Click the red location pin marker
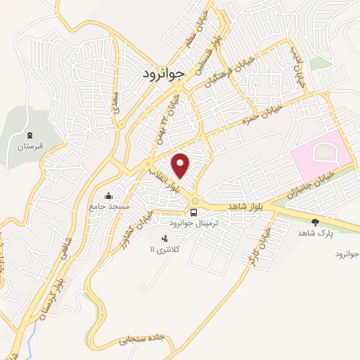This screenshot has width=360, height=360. coord(181,165)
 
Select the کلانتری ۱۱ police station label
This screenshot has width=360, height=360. coord(166,250)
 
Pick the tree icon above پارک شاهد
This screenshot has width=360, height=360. coord(314,221)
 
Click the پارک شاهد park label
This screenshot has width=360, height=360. coord(314,233)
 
